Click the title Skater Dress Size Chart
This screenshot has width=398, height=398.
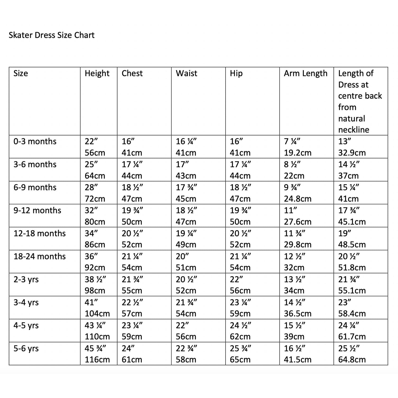(52, 35)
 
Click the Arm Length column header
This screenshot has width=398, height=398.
(305, 74)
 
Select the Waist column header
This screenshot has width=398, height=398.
(186, 74)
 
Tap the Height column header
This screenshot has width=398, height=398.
(97, 74)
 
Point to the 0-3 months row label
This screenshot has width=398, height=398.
(35, 142)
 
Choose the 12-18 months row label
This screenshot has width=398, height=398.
(40, 234)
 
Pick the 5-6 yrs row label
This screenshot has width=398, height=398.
(26, 349)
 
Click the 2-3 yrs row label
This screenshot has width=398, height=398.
(26, 280)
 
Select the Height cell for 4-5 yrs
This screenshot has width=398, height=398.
(97, 331)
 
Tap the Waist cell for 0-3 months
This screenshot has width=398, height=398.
(186, 147)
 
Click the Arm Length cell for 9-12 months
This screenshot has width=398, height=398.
(297, 216)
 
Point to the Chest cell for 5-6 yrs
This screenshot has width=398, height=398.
(132, 354)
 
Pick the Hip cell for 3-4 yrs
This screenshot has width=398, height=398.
(240, 308)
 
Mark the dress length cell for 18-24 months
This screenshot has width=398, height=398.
(352, 262)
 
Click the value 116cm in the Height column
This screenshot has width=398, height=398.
(97, 360)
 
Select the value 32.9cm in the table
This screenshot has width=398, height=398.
(352, 153)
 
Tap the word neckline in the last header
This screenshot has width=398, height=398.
(354, 130)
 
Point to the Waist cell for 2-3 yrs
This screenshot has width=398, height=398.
(186, 285)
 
